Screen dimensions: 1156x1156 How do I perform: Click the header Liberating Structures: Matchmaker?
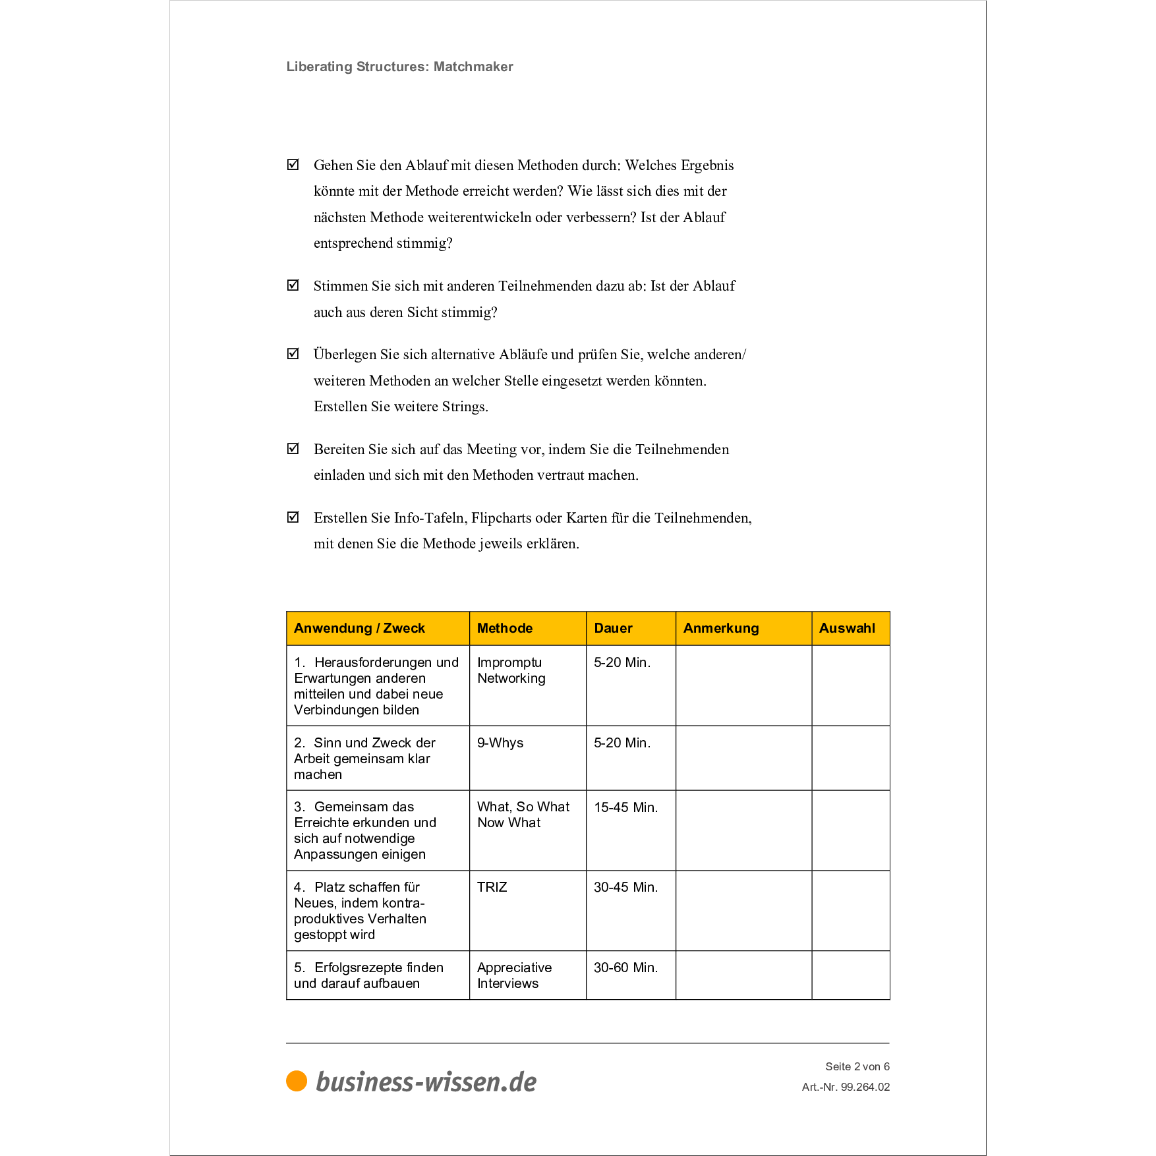[399, 67]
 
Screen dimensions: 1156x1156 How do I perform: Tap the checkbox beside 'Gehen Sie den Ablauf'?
[293, 164]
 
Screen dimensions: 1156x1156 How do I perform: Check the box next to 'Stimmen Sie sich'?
[293, 285]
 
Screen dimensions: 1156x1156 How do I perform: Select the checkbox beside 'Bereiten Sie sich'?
[293, 449]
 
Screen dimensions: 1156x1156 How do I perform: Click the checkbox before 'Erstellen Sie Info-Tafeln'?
[293, 517]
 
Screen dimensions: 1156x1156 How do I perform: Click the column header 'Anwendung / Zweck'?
[359, 628]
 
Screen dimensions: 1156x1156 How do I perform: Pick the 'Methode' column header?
[505, 628]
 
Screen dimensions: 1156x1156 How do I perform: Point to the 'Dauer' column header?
[613, 628]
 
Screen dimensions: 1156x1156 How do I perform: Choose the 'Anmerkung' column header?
[721, 628]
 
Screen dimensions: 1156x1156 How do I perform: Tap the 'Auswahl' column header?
[847, 628]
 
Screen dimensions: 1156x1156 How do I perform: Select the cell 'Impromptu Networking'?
[511, 670]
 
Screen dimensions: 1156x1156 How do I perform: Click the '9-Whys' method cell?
[500, 743]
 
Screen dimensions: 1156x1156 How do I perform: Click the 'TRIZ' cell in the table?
[492, 887]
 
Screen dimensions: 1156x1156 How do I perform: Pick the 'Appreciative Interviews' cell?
[514, 975]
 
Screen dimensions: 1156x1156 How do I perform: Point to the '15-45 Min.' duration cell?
[625, 807]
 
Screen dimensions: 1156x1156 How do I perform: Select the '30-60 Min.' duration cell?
[625, 968]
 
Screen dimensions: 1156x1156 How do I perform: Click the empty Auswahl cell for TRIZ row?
[850, 911]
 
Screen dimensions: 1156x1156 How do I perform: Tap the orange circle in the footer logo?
[297, 1081]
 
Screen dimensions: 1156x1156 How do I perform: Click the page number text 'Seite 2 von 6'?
[857, 1066]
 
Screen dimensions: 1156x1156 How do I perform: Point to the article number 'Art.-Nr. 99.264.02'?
[846, 1087]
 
